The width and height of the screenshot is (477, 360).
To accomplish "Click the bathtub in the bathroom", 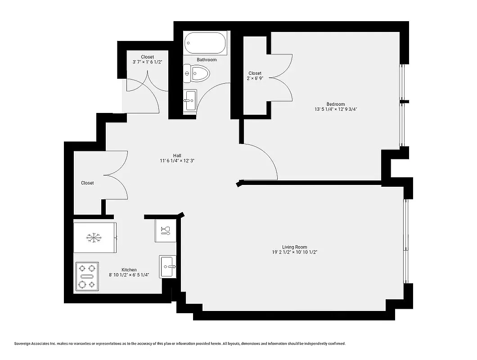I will point(204,44).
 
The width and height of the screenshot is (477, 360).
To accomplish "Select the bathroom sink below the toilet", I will point(190,100).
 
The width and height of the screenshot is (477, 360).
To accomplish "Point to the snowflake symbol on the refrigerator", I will point(93,238).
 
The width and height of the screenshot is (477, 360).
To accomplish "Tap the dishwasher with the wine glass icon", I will point(165,231).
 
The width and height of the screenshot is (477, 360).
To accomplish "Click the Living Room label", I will point(294,247).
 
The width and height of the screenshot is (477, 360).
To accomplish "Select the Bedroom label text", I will point(335,104).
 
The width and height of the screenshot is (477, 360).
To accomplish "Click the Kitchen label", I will point(129,270).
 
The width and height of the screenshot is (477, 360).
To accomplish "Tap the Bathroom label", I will point(207,60).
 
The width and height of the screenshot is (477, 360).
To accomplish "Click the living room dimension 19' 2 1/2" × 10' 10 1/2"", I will point(294,252).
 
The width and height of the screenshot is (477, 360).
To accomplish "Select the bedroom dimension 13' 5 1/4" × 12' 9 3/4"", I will point(336,109).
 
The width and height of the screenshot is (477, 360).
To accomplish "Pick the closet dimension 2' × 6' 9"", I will point(255,78).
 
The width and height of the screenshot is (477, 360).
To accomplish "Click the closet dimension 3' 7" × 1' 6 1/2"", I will point(147,62).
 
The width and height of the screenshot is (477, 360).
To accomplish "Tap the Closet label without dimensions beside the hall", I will point(87,183).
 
